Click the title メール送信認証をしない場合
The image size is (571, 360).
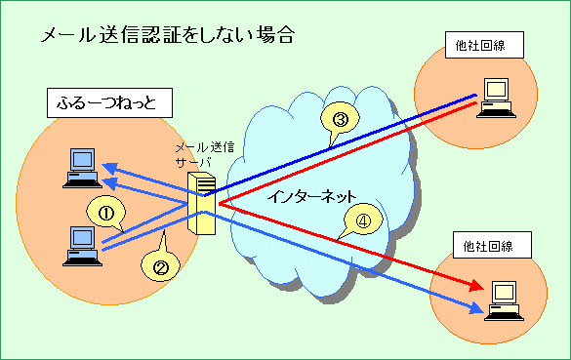167,36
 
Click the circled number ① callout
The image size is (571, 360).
107,209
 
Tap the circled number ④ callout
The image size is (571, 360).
362,221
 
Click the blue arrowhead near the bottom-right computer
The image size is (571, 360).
476,311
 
